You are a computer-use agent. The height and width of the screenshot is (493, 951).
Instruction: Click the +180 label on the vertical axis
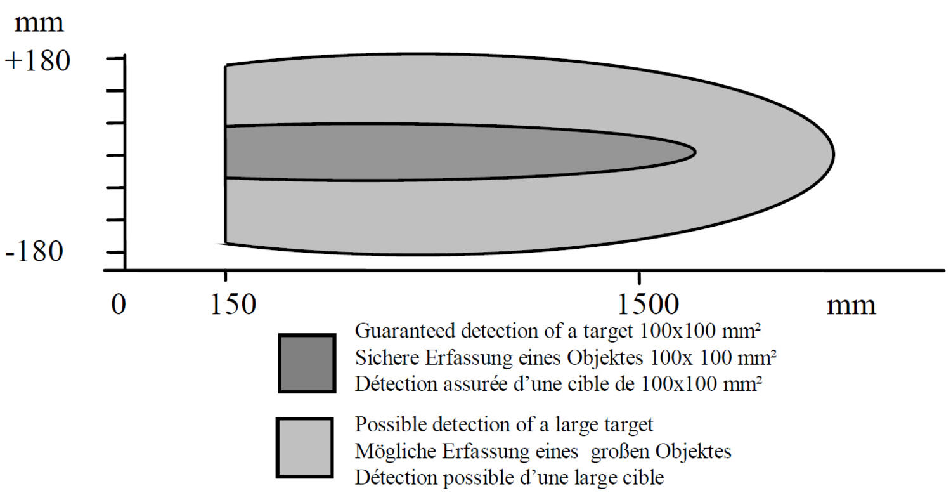pyautogui.click(x=37, y=61)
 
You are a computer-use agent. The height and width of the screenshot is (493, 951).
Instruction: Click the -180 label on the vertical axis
pyautogui.click(x=34, y=252)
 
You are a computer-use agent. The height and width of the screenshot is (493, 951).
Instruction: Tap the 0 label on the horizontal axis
pyautogui.click(x=119, y=305)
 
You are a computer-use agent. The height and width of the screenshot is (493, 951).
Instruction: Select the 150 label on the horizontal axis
pyautogui.click(x=233, y=305)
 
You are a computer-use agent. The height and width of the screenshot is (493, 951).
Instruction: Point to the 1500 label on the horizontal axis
pyautogui.click(x=648, y=305)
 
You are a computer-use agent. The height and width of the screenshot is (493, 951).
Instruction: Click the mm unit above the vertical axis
pyautogui.click(x=39, y=24)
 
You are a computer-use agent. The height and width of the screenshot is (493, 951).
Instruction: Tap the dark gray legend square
pyautogui.click(x=307, y=364)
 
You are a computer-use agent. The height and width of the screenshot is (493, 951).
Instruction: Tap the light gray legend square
pyautogui.click(x=304, y=447)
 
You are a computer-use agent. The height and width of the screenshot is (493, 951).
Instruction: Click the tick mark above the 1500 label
pyautogui.click(x=639, y=277)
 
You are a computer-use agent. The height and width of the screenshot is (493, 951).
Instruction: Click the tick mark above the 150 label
pyautogui.click(x=226, y=277)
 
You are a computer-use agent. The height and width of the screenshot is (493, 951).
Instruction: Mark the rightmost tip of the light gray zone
pyautogui.click(x=834, y=154)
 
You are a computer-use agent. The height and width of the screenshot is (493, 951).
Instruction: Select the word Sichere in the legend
pyautogui.click(x=387, y=358)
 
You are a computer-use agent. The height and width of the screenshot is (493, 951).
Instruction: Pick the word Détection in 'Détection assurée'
pyautogui.click(x=396, y=385)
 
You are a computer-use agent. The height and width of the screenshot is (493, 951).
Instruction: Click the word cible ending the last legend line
pyautogui.click(x=643, y=478)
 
